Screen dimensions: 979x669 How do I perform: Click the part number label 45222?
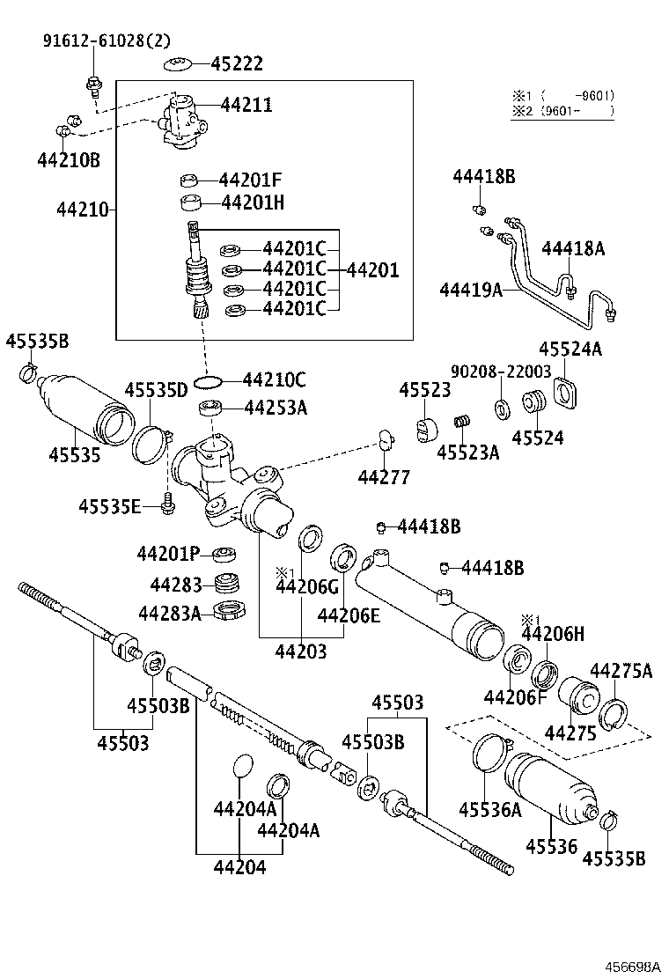coord(237,64)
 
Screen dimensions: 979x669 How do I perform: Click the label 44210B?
coord(69,159)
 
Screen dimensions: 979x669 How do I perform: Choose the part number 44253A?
coord(276,408)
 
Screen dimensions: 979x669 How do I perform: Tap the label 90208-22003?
coord(500,372)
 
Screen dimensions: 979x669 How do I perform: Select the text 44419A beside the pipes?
coord(472,290)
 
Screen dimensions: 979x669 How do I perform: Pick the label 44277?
coord(384,476)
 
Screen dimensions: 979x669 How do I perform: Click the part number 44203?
coord(300,651)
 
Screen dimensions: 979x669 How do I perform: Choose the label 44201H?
coord(253,202)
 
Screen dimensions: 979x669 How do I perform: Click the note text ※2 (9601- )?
coord(563,111)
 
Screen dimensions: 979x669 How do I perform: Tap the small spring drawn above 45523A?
coord(459,425)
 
